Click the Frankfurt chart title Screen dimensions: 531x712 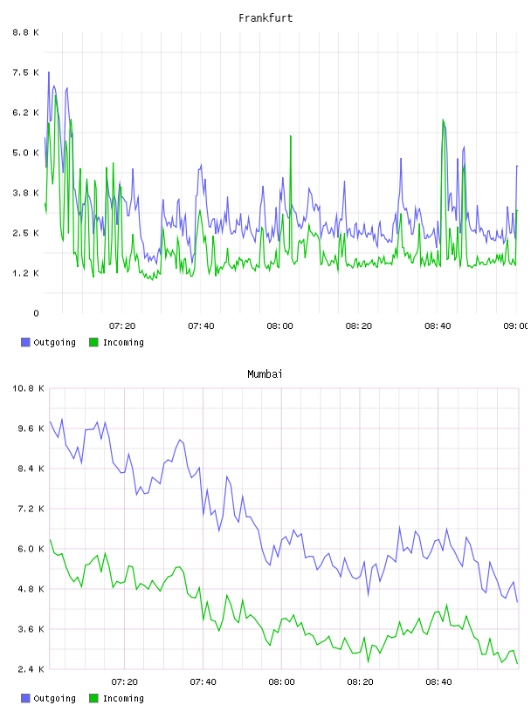(265, 18)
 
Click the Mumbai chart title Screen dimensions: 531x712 (265, 374)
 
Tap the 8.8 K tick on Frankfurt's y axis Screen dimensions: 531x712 (26, 32)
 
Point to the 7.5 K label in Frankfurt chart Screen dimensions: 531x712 (26, 72)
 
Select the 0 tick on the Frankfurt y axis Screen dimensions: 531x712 (36, 313)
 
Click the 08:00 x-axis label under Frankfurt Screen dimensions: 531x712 (279, 325)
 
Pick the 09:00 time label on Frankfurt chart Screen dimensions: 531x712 (515, 325)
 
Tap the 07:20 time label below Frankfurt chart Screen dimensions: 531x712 (122, 325)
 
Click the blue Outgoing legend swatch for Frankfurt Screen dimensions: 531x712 (25, 342)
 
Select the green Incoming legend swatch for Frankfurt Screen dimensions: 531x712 (93, 342)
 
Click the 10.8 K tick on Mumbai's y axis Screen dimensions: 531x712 (28, 388)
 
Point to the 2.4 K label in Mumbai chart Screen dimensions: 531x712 (31, 669)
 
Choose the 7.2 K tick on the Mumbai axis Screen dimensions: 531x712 (31, 509)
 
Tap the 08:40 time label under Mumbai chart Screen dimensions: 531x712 (438, 681)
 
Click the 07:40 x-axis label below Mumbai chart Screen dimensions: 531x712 (203, 681)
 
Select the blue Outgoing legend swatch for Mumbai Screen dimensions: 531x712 (25, 698)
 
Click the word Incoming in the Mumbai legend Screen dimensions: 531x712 (123, 698)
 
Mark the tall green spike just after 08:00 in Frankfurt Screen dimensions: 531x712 (291, 136)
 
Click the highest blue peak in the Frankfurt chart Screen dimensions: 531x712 (49, 72)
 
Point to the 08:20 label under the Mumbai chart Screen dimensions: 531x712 (360, 681)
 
